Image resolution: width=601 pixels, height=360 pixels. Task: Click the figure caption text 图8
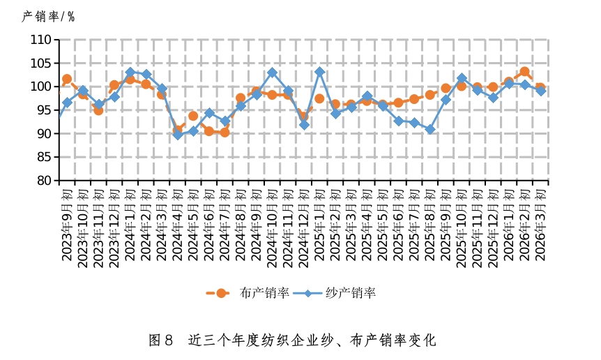(x=161, y=340)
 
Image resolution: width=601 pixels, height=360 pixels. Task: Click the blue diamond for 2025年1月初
(x=319, y=72)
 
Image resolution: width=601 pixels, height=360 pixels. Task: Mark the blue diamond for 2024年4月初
(x=177, y=135)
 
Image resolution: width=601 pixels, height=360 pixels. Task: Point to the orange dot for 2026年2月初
(x=525, y=72)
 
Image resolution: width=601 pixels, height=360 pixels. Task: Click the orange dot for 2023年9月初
(x=67, y=80)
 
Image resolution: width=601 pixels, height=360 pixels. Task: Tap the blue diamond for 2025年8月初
(x=430, y=130)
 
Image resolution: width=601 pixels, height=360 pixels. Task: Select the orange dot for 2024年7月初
(x=225, y=132)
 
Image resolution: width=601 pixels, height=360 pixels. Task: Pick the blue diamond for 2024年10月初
(x=272, y=73)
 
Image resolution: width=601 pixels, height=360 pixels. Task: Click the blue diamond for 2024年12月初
(x=304, y=125)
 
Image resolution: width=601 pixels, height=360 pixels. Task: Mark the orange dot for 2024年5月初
(x=193, y=116)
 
